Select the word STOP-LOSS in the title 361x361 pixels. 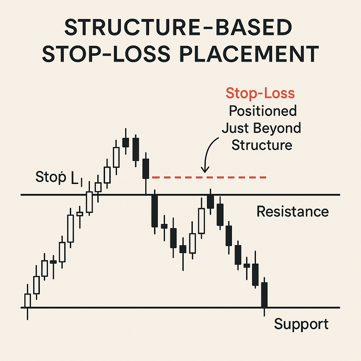(98, 55)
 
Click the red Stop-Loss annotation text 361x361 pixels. (260, 93)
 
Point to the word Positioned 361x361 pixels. (263, 111)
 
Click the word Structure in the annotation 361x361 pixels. (262, 145)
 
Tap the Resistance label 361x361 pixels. (292, 212)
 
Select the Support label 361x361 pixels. (301, 324)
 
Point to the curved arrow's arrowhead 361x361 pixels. (204, 170)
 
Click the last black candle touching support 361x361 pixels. (264, 295)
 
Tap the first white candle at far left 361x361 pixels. (27, 300)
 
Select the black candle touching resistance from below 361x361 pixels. (210, 201)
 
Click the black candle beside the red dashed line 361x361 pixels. (146, 169)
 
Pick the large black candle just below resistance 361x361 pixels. (154, 210)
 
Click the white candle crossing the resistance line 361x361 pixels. (90, 202)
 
